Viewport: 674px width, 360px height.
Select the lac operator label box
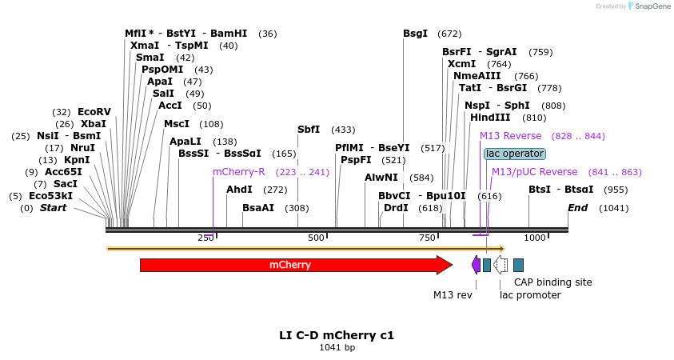click(x=515, y=154)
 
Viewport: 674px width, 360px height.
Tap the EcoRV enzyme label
click(x=94, y=112)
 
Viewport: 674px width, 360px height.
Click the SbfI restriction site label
click(x=309, y=130)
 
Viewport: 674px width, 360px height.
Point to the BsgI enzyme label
click(x=415, y=34)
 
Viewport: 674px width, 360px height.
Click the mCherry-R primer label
click(x=238, y=172)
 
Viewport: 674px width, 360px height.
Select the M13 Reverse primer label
click(x=510, y=136)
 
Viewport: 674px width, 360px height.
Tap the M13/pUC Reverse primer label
click(x=534, y=172)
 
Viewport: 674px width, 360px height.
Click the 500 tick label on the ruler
click(x=316, y=238)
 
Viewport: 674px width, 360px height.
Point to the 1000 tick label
click(x=534, y=238)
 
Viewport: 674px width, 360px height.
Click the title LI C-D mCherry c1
click(x=337, y=335)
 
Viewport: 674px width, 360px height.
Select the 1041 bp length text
click(x=337, y=348)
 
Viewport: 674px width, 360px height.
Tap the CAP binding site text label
click(x=552, y=282)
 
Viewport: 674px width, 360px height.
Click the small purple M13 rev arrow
click(x=476, y=265)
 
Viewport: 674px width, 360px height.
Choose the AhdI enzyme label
click(x=239, y=190)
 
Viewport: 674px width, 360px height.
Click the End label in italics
click(x=577, y=208)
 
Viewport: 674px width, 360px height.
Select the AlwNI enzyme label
click(x=381, y=178)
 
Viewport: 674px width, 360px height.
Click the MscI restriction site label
click(x=177, y=124)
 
